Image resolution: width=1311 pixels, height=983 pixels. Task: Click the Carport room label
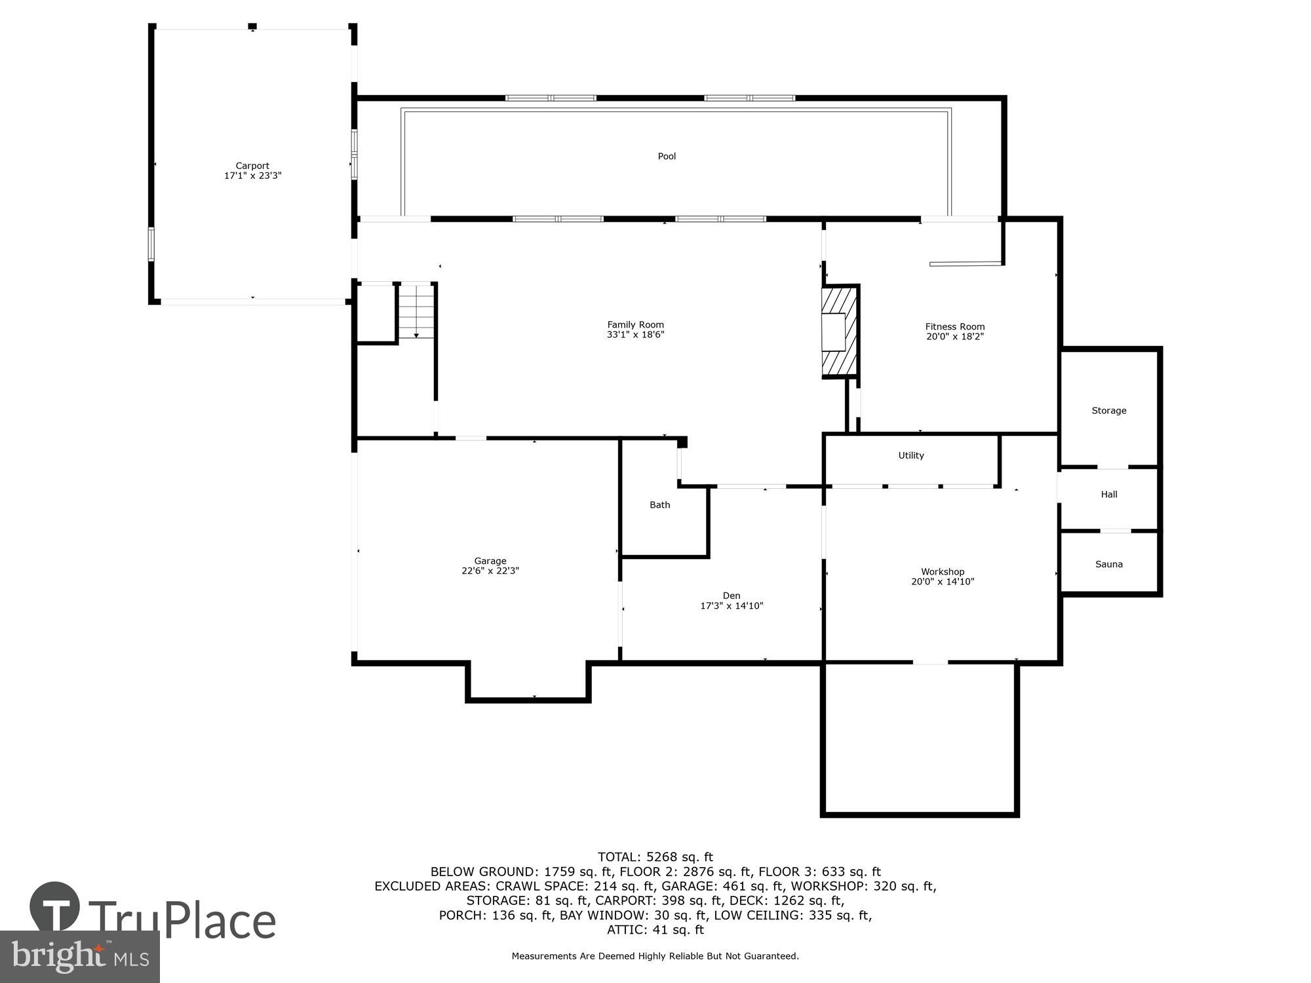(x=252, y=166)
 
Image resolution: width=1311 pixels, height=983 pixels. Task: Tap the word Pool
(x=667, y=156)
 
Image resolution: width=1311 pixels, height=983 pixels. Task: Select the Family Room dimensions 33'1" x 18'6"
(x=635, y=334)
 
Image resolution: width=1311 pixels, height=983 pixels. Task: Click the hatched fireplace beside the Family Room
(x=839, y=332)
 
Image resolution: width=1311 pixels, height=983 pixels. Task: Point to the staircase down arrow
(x=416, y=335)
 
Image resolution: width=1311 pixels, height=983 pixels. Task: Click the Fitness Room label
(x=954, y=326)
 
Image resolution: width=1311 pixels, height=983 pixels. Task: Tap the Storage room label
(x=1108, y=410)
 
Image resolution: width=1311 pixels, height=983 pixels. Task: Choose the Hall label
(x=1108, y=494)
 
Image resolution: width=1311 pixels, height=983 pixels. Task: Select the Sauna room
(x=1108, y=564)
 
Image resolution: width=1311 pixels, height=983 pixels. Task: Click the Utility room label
(x=910, y=455)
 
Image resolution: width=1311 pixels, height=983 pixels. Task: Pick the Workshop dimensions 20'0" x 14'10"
(x=943, y=581)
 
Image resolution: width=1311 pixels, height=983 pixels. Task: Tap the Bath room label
(x=659, y=505)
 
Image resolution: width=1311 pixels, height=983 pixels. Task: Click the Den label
(x=731, y=595)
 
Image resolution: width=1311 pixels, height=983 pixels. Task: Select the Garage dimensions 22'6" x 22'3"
(x=490, y=571)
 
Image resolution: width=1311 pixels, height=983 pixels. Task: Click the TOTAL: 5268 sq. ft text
(x=655, y=857)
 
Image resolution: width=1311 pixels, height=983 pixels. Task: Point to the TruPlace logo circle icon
(x=55, y=908)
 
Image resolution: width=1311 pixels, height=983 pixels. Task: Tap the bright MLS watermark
(x=79, y=957)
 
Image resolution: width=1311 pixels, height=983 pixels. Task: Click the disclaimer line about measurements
(x=655, y=956)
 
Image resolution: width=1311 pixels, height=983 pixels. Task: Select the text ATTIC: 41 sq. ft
(x=655, y=929)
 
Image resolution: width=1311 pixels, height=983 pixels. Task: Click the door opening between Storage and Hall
(x=1112, y=468)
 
